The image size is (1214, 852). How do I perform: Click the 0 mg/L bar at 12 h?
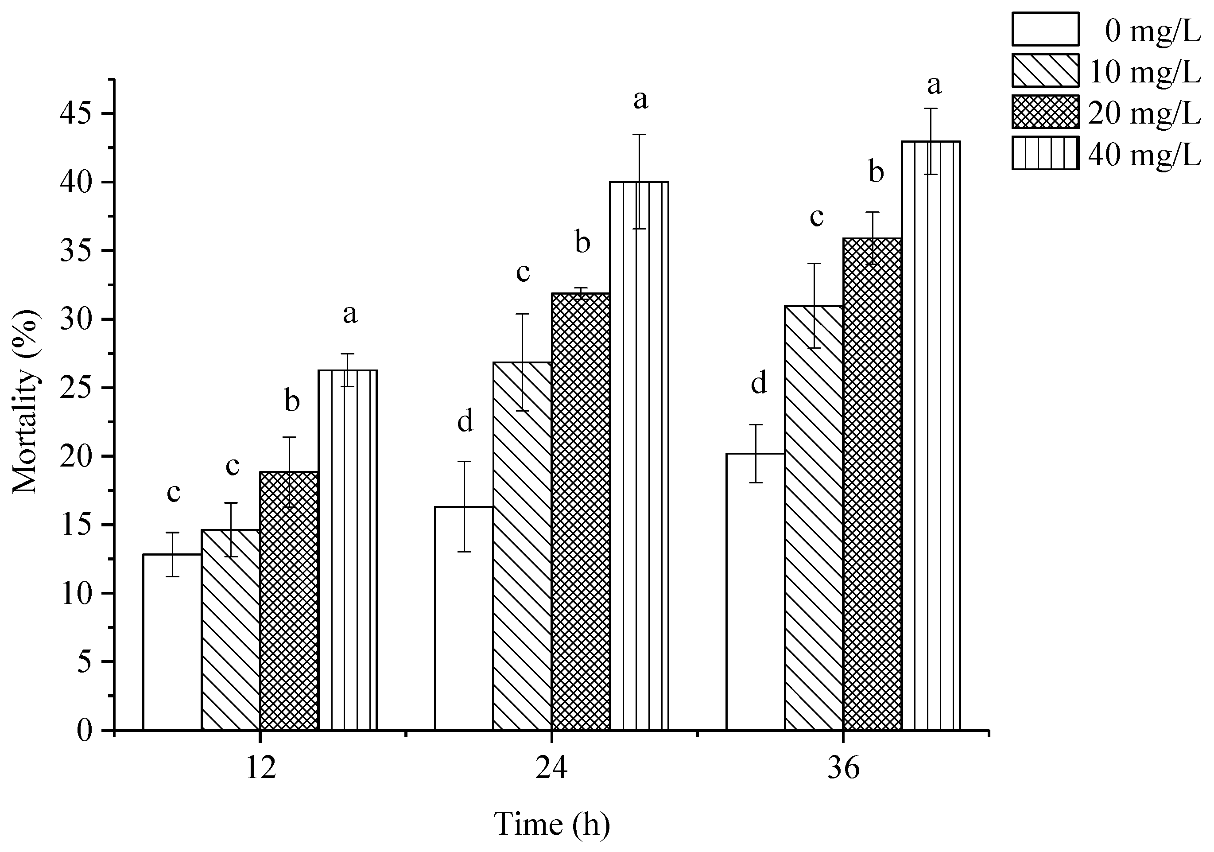[172, 642]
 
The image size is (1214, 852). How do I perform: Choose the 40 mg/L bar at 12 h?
[347, 550]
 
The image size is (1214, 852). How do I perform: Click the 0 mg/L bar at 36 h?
[755, 592]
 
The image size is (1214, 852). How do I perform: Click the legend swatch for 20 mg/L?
[1045, 112]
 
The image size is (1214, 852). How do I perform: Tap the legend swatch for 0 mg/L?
[1045, 29]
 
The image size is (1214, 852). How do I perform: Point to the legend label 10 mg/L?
[1144, 72]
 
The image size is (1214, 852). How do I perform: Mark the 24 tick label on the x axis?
[551, 768]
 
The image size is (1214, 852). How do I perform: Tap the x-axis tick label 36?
[843, 768]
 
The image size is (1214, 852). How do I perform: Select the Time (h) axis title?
[551, 825]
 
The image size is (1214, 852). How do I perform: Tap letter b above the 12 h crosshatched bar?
[292, 401]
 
